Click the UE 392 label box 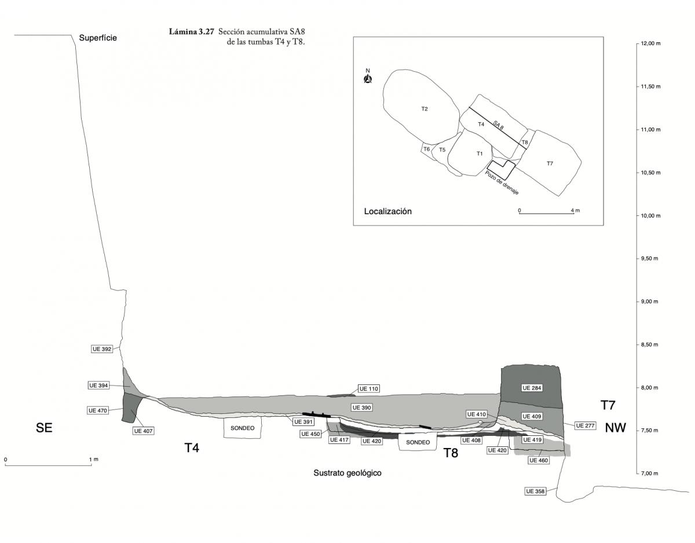coord(102,349)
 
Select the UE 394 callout coord(99,386)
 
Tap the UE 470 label coord(99,410)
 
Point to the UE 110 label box coord(369,388)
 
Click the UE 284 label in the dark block coord(531,388)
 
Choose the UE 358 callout coord(536,491)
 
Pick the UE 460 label coord(538,460)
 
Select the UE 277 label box coord(586,425)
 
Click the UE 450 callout coord(310,434)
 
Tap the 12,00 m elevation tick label coord(652,44)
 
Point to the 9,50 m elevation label coord(650,259)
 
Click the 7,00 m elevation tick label coord(650,474)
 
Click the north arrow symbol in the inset coord(367,78)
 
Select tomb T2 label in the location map coord(425,109)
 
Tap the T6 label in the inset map coord(426,149)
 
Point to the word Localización coord(387,212)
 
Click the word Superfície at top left coord(98,38)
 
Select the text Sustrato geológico coord(348,473)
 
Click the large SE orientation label coord(44,428)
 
